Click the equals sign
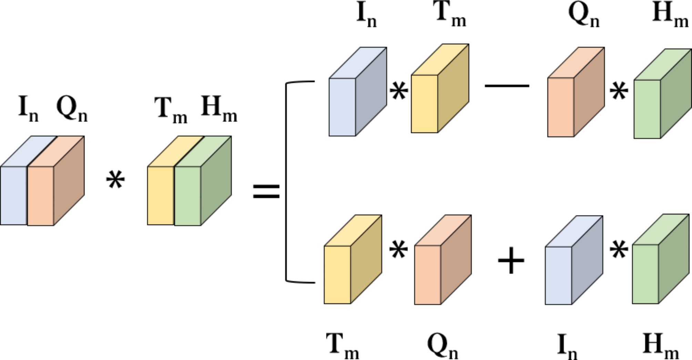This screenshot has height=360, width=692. pyautogui.click(x=266, y=192)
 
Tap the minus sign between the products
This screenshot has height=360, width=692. pyautogui.click(x=507, y=86)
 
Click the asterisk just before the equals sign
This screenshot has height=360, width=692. pyautogui.click(x=115, y=181)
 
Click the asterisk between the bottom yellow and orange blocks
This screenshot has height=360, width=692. pyautogui.click(x=398, y=250)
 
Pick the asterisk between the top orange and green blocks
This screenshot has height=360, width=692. pyautogui.click(x=619, y=92)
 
